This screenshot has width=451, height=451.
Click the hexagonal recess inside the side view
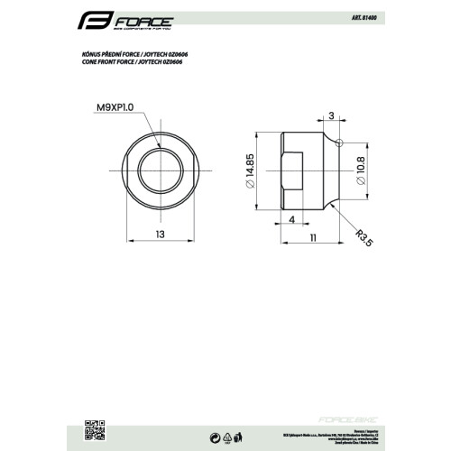[295, 171]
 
